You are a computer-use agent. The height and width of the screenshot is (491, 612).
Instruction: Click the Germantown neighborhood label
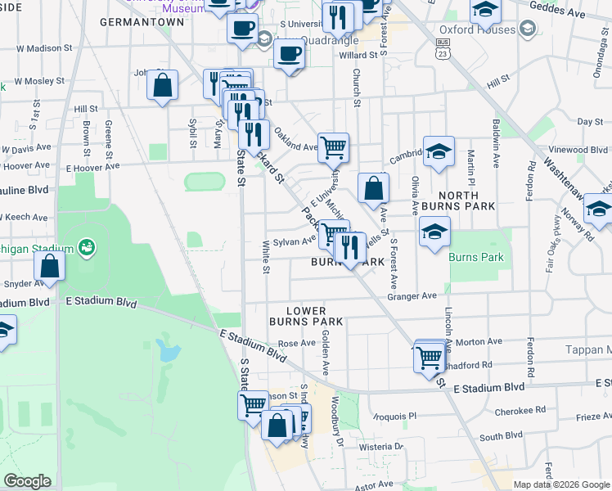(x=142, y=22)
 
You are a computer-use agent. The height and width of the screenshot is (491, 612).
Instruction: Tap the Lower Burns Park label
(x=306, y=317)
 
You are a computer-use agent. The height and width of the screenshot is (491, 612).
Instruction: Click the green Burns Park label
(x=476, y=257)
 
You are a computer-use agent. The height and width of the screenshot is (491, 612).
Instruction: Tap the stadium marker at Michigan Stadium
(x=87, y=247)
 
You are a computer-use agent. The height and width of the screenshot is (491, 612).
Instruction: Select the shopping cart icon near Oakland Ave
(x=333, y=148)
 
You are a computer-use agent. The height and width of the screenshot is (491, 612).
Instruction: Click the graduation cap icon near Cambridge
(x=439, y=151)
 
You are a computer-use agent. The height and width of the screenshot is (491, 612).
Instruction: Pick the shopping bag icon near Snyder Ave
(x=50, y=266)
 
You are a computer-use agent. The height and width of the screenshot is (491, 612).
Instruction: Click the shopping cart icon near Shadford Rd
(x=429, y=357)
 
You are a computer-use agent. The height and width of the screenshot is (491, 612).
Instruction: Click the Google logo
(x=27, y=481)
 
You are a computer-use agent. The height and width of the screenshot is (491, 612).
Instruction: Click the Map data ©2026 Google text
(x=560, y=484)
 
